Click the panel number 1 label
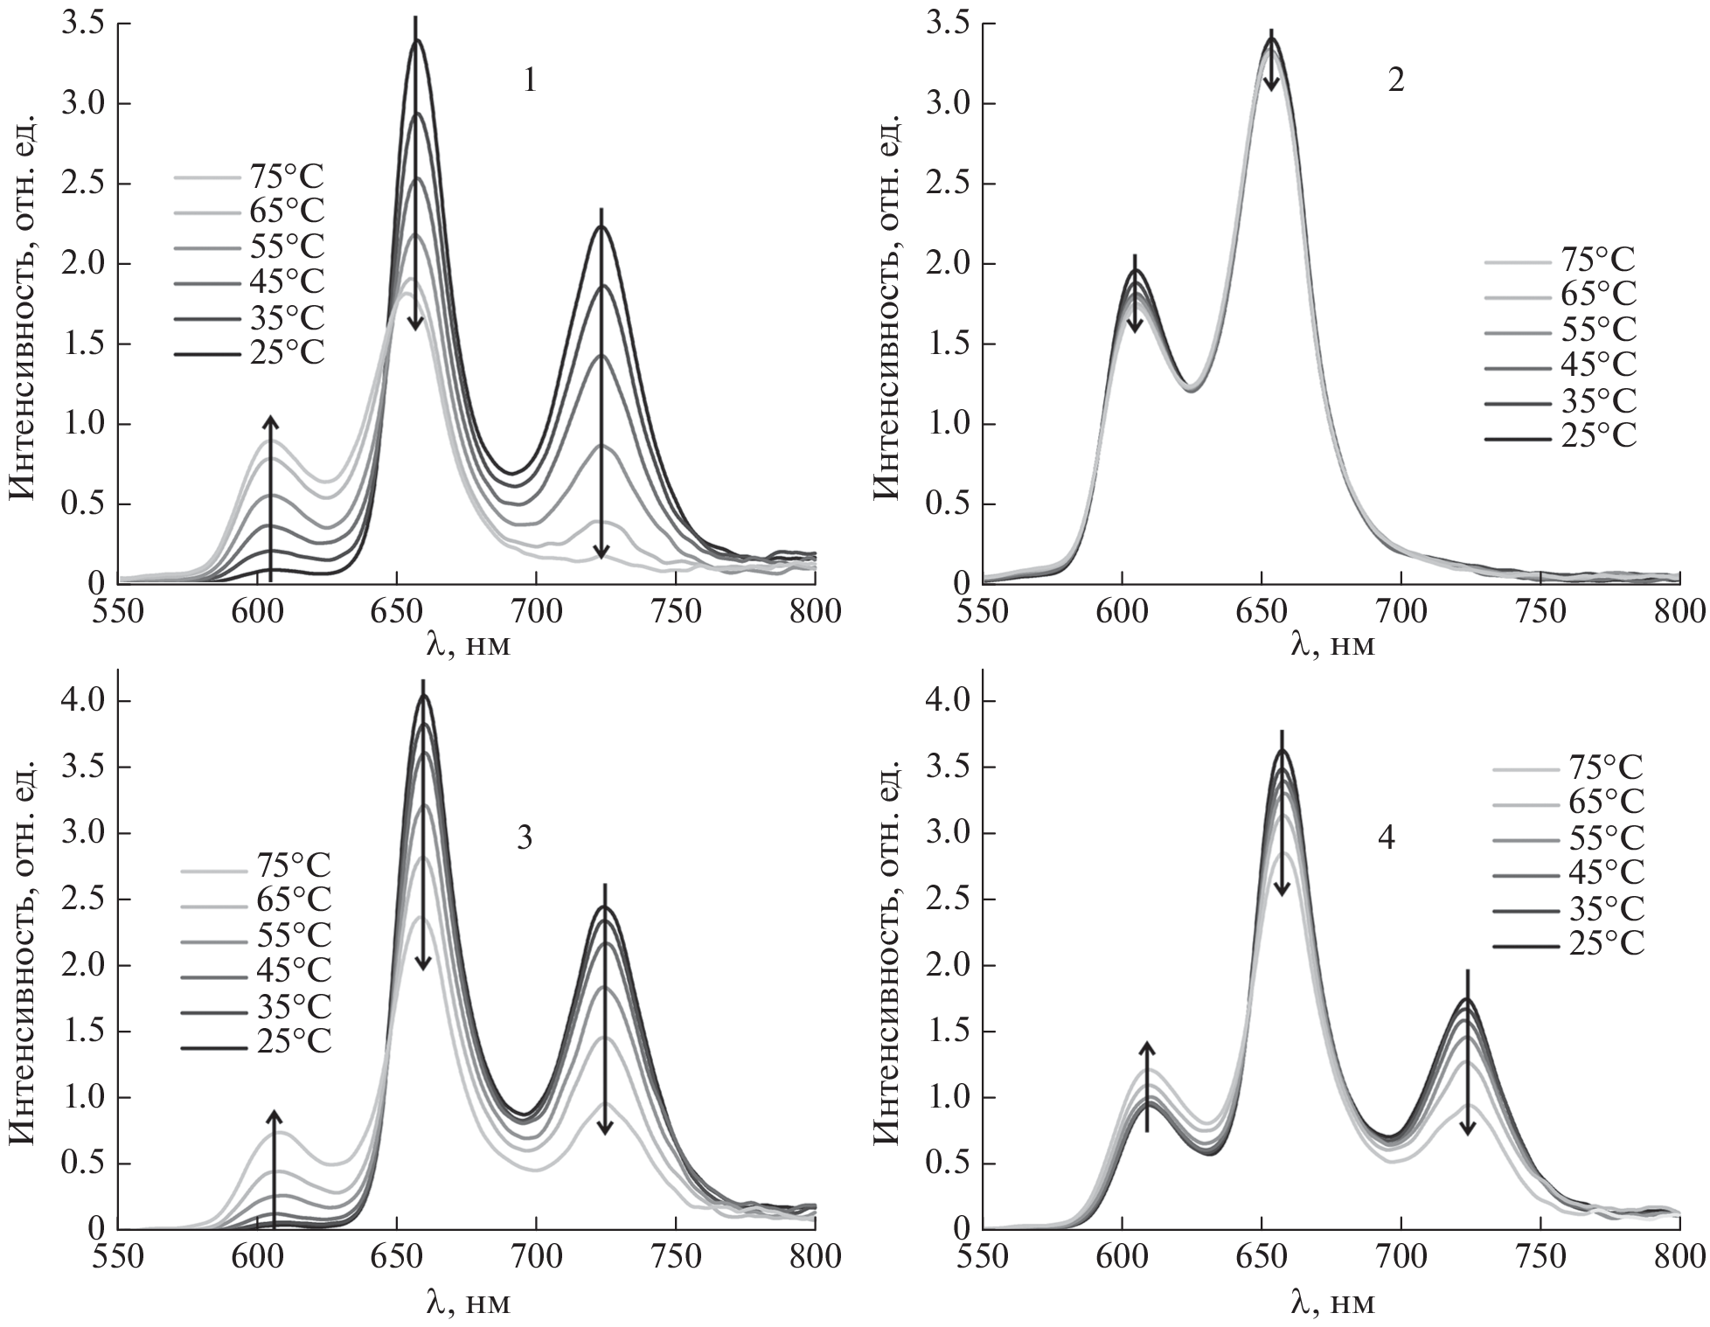pyautogui.click(x=529, y=81)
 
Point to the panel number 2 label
pyautogui.click(x=1396, y=81)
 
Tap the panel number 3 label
pyautogui.click(x=524, y=837)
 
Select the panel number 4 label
pyautogui.click(x=1387, y=837)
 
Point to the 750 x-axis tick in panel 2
pyautogui.click(x=1540, y=611)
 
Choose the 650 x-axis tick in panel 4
pyautogui.click(x=1262, y=1256)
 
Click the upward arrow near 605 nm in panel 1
pyautogui.click(x=270, y=498)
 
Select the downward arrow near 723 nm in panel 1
pyautogui.click(x=601, y=385)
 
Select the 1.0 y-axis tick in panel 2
pyautogui.click(x=949, y=424)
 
